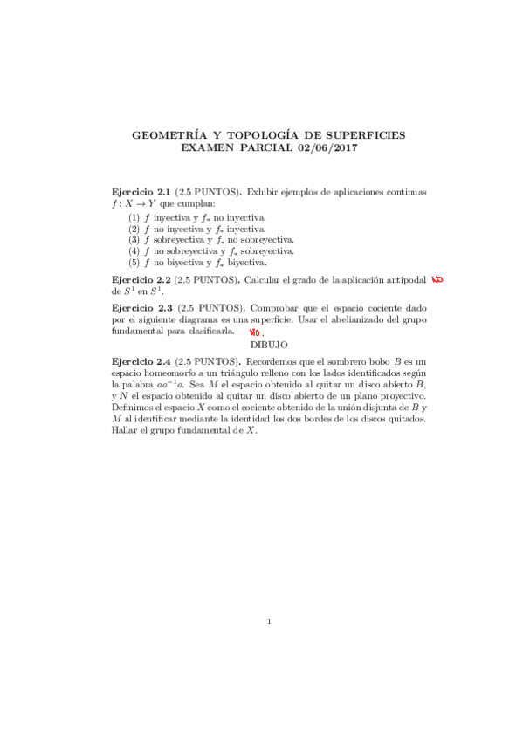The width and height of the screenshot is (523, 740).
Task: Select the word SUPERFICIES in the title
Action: (355, 136)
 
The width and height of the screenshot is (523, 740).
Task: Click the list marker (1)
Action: (134, 216)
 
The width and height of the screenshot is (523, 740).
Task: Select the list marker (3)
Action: (134, 239)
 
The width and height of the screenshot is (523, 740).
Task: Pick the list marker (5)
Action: (134, 262)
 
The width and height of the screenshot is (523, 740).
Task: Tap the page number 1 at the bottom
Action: (270, 621)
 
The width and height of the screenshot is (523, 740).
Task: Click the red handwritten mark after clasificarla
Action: (256, 333)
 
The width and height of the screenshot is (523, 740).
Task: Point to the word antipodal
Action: (406, 280)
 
